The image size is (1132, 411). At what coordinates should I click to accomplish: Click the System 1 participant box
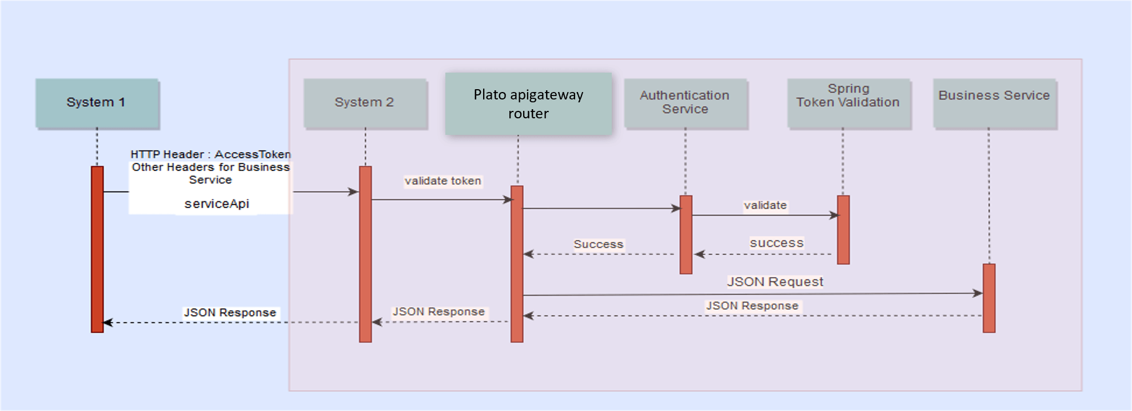(x=97, y=103)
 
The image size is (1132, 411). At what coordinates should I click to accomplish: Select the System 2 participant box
(x=365, y=103)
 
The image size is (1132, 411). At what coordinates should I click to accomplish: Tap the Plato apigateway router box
(x=528, y=104)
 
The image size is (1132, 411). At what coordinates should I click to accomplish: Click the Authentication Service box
(x=685, y=103)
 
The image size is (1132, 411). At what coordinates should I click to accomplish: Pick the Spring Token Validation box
(x=848, y=103)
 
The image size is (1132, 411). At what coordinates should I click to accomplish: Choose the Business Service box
(x=994, y=103)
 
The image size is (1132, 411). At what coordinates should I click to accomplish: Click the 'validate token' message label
(x=443, y=181)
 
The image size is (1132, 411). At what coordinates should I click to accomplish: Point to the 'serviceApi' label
(x=217, y=204)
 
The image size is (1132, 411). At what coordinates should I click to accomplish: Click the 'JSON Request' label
(x=775, y=282)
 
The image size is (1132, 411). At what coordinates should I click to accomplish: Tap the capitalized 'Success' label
(x=598, y=245)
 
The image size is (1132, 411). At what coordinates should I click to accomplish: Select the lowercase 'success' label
(x=776, y=243)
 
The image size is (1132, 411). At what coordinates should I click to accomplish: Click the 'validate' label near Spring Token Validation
(x=765, y=206)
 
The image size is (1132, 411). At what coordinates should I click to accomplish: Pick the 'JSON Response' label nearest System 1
(x=230, y=313)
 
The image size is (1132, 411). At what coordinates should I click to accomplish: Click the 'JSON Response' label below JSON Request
(x=752, y=306)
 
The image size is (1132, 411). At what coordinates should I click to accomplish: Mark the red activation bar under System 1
(x=97, y=249)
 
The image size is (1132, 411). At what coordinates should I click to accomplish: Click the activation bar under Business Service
(x=988, y=298)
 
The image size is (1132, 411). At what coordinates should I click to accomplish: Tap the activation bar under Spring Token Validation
(x=843, y=230)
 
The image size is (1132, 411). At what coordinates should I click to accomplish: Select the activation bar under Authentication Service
(x=685, y=234)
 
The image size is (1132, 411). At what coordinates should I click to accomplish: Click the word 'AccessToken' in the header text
(x=252, y=154)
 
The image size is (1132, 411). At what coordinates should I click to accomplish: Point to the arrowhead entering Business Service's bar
(x=978, y=293)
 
